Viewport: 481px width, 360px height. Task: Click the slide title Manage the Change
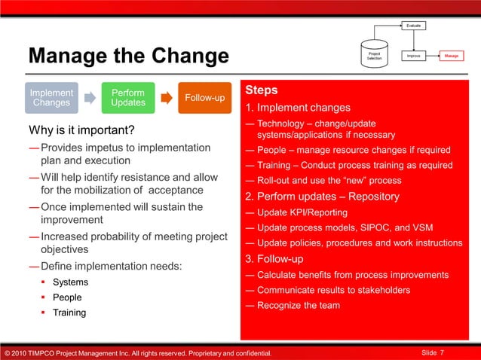tap(128, 56)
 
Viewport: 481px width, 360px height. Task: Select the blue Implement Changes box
tap(51, 98)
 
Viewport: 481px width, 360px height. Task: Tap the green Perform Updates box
tap(128, 98)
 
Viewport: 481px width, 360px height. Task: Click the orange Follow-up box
tap(204, 98)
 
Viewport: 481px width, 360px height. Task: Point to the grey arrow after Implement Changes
tap(90, 98)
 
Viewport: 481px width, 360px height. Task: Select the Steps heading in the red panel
tap(262, 90)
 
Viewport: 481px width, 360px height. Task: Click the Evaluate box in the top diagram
tap(414, 26)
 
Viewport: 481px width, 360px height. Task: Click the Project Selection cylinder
tap(374, 54)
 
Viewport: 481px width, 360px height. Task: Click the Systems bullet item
tap(70, 282)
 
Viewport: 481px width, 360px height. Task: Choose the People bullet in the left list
tap(68, 297)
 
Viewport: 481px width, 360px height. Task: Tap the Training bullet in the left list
tap(69, 313)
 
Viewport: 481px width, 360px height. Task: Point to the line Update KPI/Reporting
tap(302, 212)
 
